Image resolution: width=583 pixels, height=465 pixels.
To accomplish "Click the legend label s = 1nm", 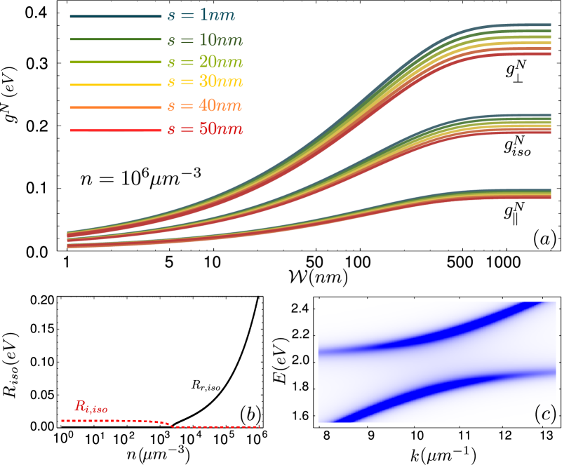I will click(201, 16).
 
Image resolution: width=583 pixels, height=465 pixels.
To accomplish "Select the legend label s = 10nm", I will click(205, 40).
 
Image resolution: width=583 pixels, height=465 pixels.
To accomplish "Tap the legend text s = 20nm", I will click(205, 62).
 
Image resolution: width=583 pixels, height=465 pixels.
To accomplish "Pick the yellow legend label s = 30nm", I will click(205, 83).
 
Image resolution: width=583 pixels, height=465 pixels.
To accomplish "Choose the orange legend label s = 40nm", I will click(204, 107).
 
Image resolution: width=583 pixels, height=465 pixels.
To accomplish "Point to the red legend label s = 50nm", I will click(205, 130).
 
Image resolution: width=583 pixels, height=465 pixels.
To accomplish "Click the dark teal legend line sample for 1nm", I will click(116, 16).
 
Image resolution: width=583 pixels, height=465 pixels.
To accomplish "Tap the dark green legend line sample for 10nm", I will click(116, 39).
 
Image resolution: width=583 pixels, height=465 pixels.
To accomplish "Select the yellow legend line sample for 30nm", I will click(116, 84).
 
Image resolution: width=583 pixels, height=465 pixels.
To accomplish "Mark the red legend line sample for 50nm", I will click(116, 130).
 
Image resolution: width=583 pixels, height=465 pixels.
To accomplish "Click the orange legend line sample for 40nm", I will click(116, 107).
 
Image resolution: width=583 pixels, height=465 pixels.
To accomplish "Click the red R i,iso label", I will click(91, 407).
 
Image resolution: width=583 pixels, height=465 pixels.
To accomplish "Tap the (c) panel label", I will click(544, 414).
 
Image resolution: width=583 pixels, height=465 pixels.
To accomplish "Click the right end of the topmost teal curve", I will click(549, 25).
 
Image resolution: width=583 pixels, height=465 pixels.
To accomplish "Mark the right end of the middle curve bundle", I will click(549, 123).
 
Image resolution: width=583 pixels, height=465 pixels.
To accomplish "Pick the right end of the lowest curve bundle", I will click(549, 194).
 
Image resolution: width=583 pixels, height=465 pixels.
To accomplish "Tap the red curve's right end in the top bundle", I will click(549, 53).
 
